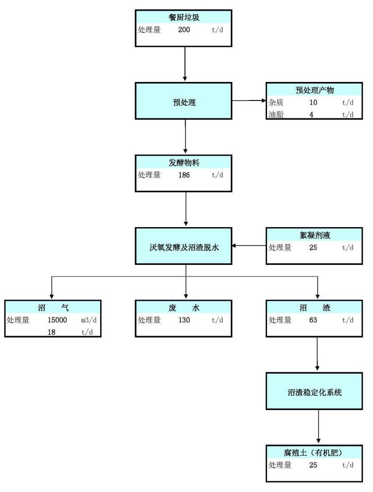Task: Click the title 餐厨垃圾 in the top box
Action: tap(184, 17)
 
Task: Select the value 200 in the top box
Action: tap(184, 30)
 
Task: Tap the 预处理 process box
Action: tap(184, 101)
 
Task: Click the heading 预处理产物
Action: tap(314, 90)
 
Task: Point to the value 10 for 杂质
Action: tap(313, 102)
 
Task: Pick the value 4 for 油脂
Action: tap(311, 115)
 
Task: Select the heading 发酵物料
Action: tap(184, 163)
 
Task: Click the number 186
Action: tap(184, 175)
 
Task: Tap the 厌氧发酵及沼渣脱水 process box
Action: tap(184, 246)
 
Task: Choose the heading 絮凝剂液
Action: tap(315, 235)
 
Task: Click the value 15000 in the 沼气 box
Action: tap(57, 320)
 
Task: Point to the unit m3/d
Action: tap(89, 320)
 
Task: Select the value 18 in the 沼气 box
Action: tap(51, 332)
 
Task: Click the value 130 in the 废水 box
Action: tap(184, 320)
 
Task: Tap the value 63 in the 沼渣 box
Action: tap(313, 320)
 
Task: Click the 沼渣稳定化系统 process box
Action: tap(314, 391)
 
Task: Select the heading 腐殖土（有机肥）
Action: tap(313, 453)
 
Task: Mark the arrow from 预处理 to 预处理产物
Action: tap(249, 100)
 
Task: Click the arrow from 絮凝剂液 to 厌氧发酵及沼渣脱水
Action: tap(249, 246)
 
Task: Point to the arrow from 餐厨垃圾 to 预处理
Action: tap(185, 64)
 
